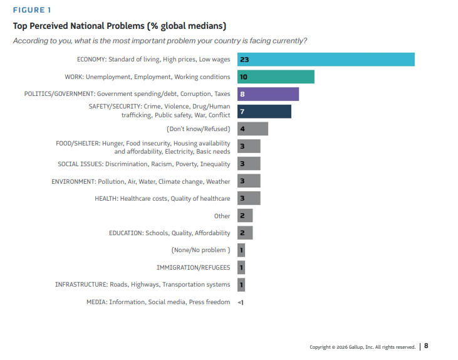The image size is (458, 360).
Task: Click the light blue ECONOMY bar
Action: tap(326, 60)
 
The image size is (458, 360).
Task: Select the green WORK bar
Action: tap(276, 77)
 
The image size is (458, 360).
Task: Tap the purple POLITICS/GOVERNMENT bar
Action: tap(268, 94)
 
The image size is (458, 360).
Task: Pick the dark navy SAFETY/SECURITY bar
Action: tap(264, 111)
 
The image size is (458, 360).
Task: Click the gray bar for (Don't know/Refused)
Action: tap(252, 129)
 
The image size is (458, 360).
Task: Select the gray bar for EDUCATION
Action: tap(245, 233)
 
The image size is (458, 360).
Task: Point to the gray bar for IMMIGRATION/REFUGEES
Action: tap(241, 268)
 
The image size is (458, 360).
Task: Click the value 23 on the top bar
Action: tap(244, 60)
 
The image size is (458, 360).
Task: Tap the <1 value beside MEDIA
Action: tap(241, 302)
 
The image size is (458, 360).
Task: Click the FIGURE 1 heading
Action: tap(33, 10)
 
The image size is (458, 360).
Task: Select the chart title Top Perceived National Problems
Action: tap(120, 26)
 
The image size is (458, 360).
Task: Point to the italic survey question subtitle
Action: tap(160, 41)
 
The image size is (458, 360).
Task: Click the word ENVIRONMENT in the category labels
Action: tap(73, 181)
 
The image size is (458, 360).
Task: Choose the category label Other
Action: tap(222, 216)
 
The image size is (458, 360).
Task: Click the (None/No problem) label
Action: tap(200, 250)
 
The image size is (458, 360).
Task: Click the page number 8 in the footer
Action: tap(427, 346)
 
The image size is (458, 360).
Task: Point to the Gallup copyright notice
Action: tap(362, 347)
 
